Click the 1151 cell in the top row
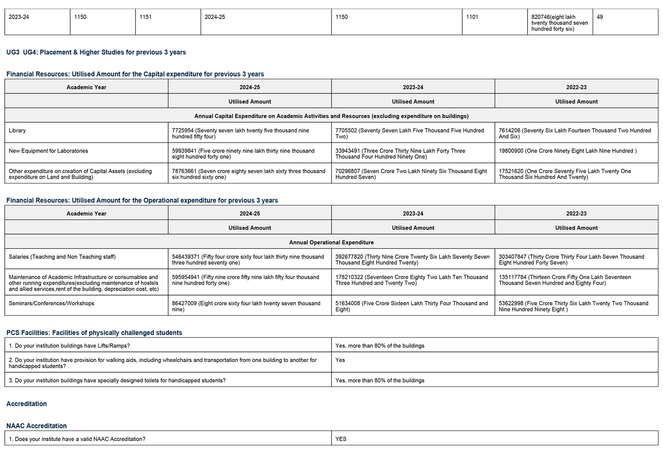146,17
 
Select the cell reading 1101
472,17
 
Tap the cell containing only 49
600,17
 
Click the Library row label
17,131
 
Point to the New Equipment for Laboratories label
48,151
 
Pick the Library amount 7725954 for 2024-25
240,133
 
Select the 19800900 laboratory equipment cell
567,151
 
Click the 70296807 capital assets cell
411,174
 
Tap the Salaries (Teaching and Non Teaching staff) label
62,257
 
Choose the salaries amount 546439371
248,260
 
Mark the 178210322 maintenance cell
411,280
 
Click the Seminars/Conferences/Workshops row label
52,303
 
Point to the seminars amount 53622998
573,306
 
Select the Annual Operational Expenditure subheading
331,242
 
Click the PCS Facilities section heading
94,333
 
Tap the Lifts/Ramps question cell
69,346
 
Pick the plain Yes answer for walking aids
340,360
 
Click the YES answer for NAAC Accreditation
341,439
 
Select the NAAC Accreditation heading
37,426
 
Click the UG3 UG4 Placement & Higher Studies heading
96,52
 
